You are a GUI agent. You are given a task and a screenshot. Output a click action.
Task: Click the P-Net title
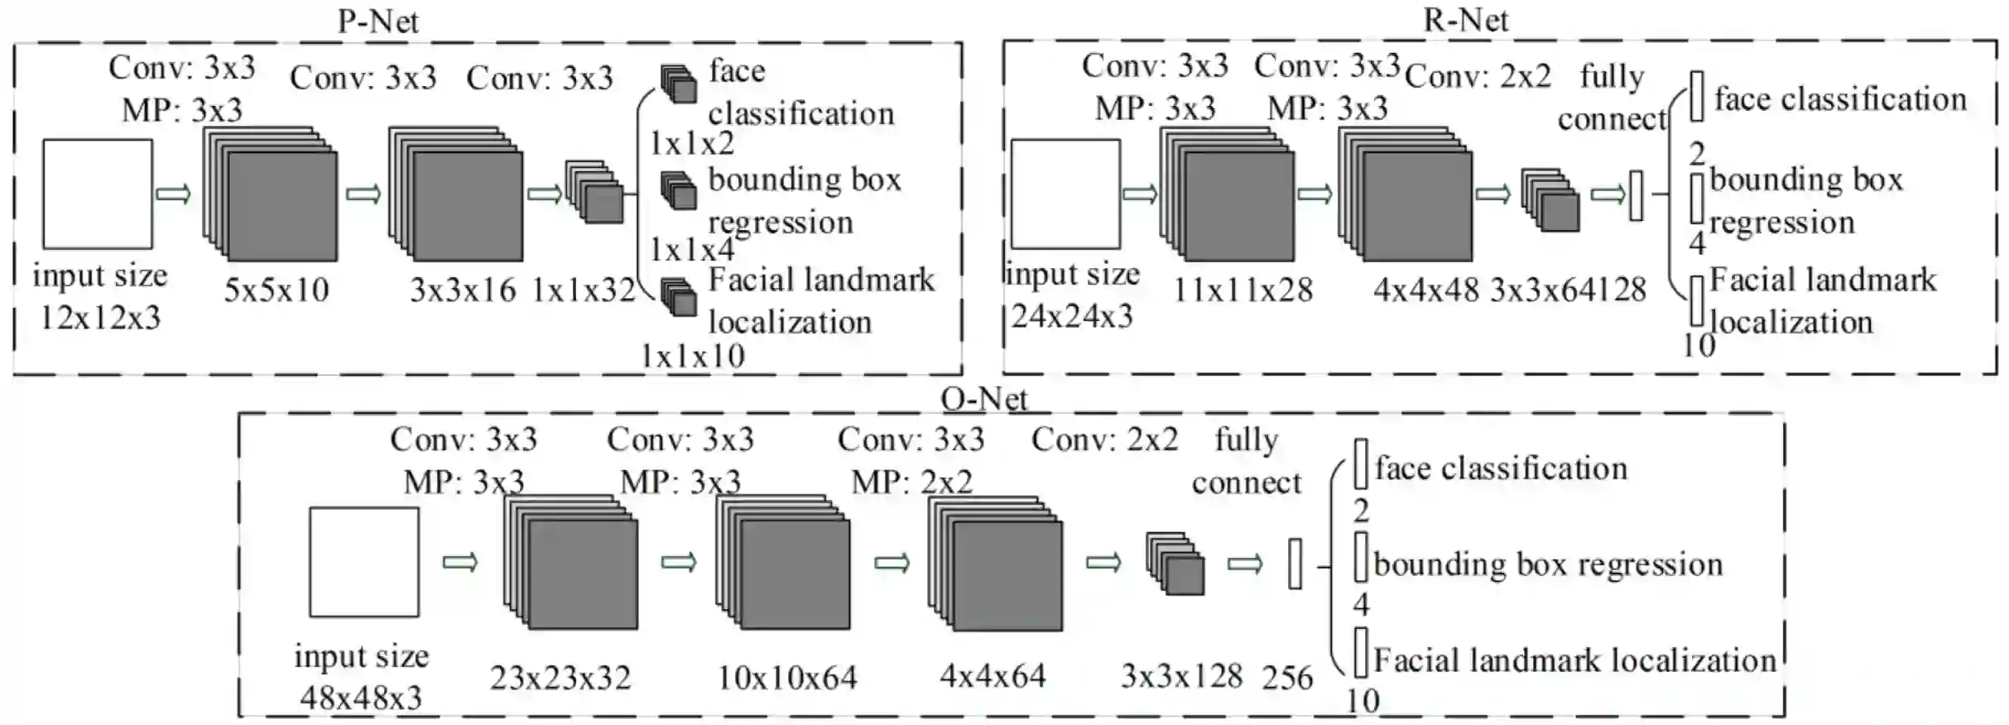(378, 21)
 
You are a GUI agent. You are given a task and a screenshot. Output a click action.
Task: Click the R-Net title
(1466, 19)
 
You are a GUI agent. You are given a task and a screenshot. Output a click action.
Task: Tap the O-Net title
(984, 399)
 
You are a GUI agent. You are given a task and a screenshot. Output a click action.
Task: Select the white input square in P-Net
(98, 194)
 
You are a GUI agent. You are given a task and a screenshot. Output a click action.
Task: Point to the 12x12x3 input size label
(101, 317)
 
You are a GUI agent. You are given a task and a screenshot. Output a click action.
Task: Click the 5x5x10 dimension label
(276, 290)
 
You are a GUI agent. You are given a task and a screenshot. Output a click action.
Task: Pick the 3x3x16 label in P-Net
(463, 290)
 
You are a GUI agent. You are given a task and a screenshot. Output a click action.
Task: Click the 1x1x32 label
(583, 290)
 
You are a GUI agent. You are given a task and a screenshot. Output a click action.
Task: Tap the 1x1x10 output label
(693, 356)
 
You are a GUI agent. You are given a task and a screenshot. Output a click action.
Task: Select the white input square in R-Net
(1065, 194)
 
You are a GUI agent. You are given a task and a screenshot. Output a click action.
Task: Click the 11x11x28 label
(1243, 290)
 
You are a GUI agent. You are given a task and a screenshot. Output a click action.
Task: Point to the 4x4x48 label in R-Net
(1425, 290)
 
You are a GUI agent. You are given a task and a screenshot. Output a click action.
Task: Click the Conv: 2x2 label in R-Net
(1478, 76)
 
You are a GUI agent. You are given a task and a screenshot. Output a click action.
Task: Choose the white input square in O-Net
(364, 562)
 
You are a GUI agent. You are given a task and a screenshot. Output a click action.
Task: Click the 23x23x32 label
(560, 678)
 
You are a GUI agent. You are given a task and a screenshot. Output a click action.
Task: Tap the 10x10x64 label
(787, 678)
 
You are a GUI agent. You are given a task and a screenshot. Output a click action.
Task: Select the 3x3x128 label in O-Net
(1181, 676)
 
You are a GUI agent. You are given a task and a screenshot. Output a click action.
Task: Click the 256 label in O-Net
(1287, 678)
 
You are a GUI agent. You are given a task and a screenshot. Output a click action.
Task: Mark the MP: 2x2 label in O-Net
(912, 482)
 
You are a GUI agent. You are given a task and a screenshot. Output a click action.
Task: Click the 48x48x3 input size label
(361, 698)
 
